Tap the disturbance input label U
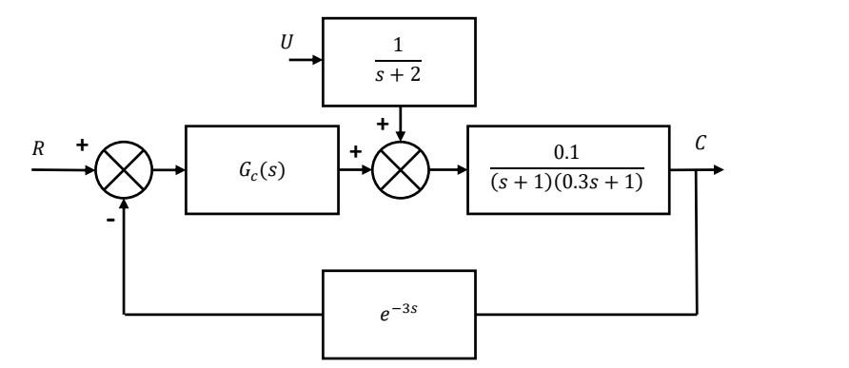coord(287,44)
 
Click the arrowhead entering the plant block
coord(461,172)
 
